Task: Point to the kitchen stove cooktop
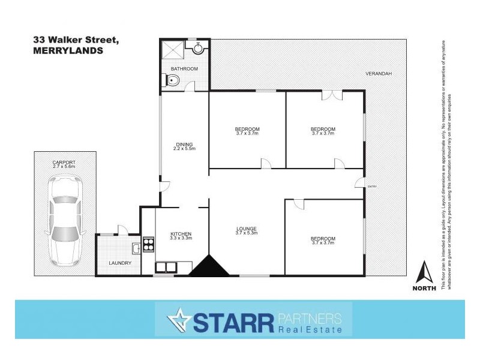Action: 148,245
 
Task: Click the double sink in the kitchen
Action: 166,267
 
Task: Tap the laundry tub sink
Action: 135,247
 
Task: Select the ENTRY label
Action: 372,187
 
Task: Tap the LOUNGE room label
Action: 247,229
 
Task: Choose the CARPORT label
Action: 64,162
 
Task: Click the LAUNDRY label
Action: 120,263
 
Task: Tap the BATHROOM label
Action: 184,69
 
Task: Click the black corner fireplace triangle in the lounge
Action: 209,266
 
